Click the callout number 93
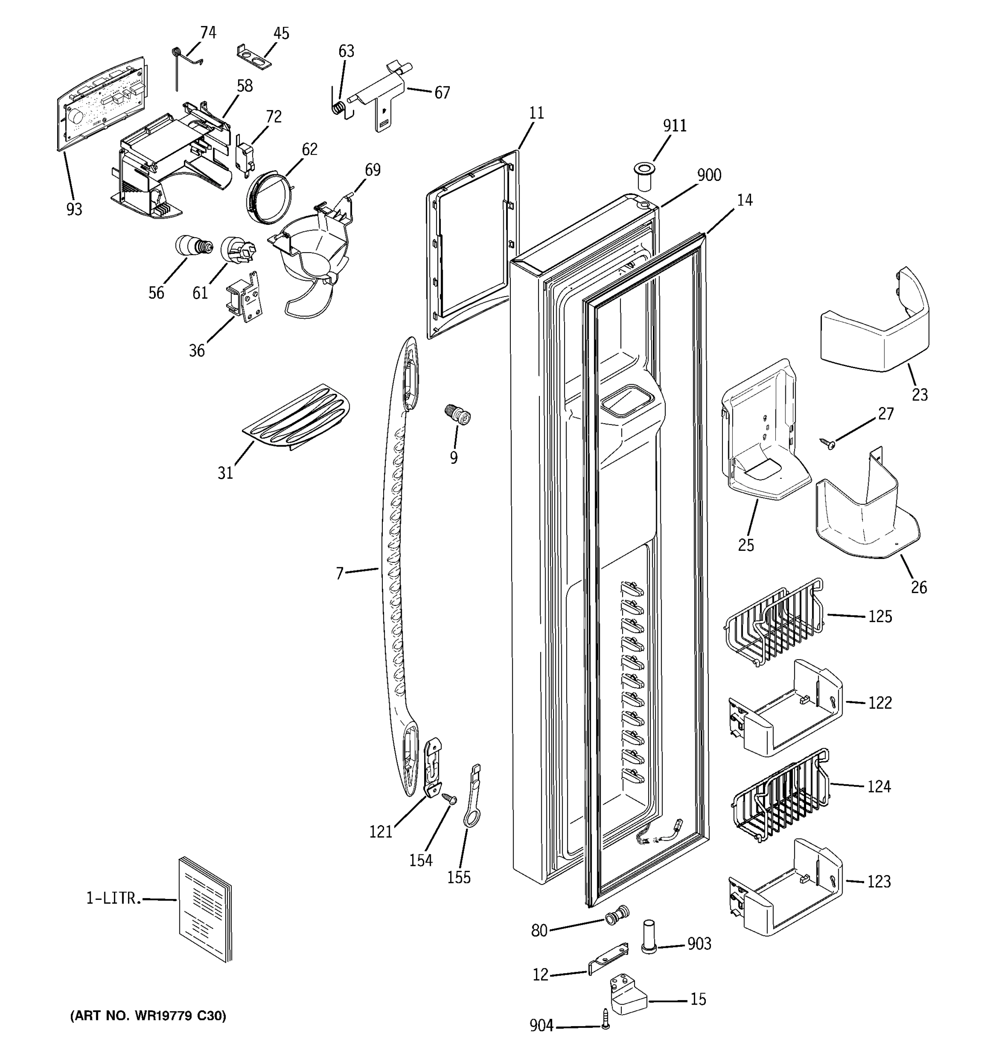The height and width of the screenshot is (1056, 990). point(74,209)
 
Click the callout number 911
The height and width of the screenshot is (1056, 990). point(675,126)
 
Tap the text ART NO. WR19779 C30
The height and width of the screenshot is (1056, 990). point(148,1016)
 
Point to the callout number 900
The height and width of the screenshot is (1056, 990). point(709,175)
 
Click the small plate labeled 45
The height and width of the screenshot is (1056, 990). point(253,57)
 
